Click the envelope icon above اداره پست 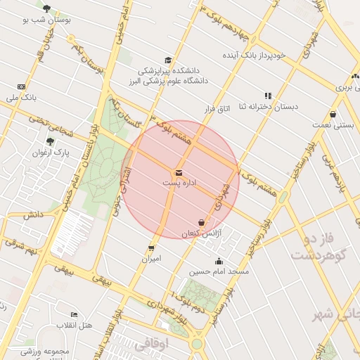click(x=179, y=172)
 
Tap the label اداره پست click(x=179, y=183)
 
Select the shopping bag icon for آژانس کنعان click(x=202, y=222)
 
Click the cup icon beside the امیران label click(x=151, y=248)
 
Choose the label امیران click(x=151, y=259)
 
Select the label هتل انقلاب click(x=76, y=325)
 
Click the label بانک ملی click(x=21, y=97)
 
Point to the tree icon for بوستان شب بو click(x=47, y=8)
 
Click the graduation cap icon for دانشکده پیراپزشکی click(x=168, y=60)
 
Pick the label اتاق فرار click(x=217, y=109)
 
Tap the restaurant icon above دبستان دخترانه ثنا click(x=268, y=95)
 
